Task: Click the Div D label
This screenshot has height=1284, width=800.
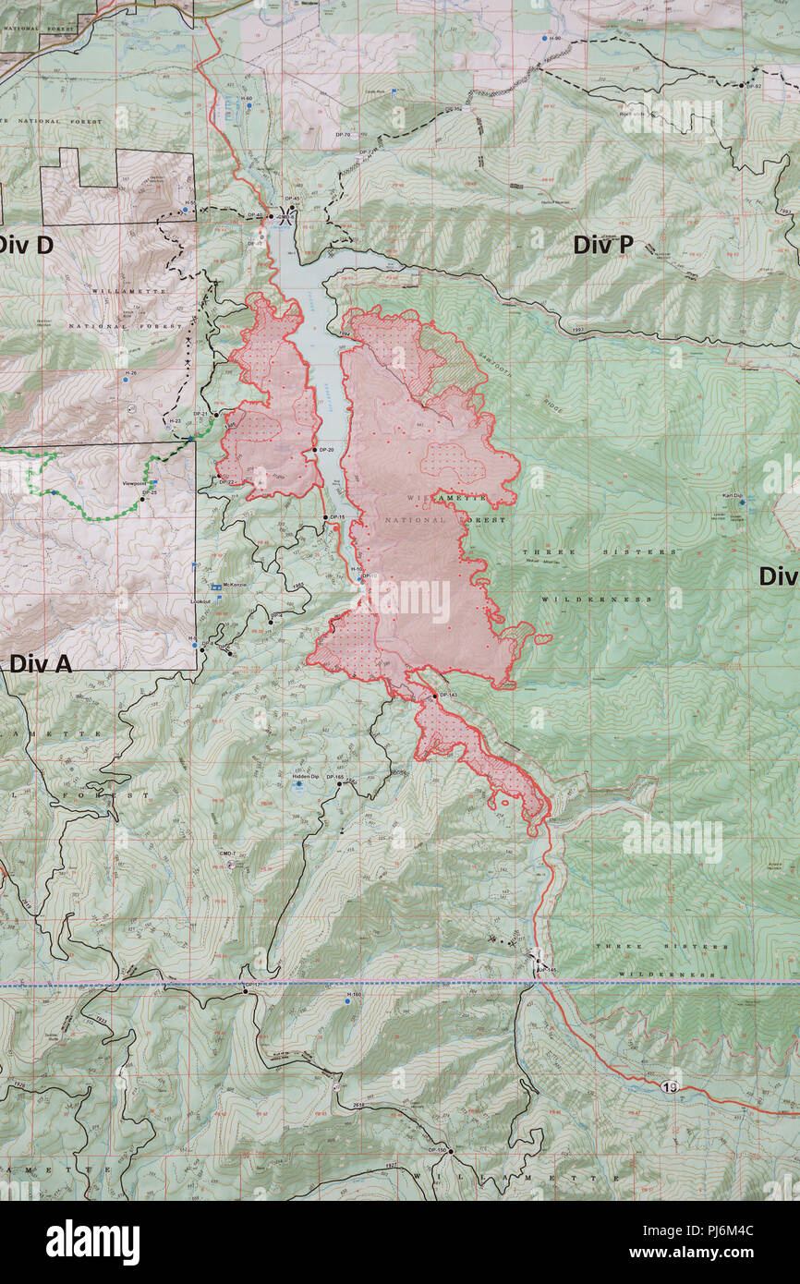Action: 26,246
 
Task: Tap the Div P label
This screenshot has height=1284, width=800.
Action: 602,245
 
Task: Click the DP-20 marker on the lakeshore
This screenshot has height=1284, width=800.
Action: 315,450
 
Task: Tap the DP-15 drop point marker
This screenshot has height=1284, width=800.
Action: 325,517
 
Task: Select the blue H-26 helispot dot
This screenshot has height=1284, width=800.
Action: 125,380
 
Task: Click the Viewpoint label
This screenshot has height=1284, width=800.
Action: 135,483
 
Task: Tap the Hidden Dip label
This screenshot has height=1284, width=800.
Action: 306,778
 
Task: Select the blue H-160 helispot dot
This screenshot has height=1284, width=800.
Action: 347,1000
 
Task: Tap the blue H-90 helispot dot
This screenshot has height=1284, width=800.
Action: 544,39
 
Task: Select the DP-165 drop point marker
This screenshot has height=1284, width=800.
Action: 340,783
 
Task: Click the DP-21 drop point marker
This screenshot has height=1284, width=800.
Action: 214,414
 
